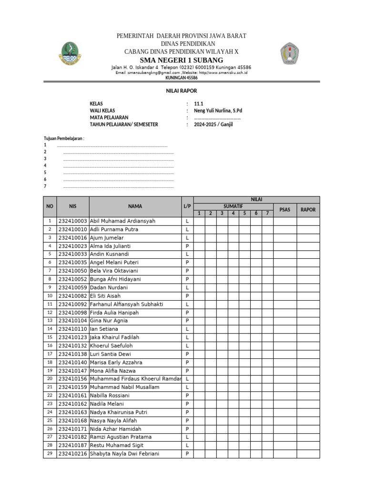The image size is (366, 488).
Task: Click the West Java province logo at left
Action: click(70, 53)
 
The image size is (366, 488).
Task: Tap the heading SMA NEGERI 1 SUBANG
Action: click(181, 60)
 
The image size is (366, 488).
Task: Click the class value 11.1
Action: click(192, 103)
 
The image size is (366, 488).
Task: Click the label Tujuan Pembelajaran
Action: click(64, 138)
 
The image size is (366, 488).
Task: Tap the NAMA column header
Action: click(135, 206)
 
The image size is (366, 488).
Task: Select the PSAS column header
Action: click(285, 209)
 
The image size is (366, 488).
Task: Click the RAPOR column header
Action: click(308, 209)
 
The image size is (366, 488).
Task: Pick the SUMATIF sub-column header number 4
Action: click(233, 213)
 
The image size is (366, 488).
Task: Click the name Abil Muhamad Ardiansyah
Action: click(122, 221)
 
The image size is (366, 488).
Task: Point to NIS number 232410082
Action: click(72, 296)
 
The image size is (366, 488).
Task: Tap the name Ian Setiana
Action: click(104, 329)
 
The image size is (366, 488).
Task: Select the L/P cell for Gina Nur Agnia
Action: click(187, 321)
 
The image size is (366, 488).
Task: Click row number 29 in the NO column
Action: click(50, 454)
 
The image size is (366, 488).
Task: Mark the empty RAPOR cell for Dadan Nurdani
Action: click(308, 287)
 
